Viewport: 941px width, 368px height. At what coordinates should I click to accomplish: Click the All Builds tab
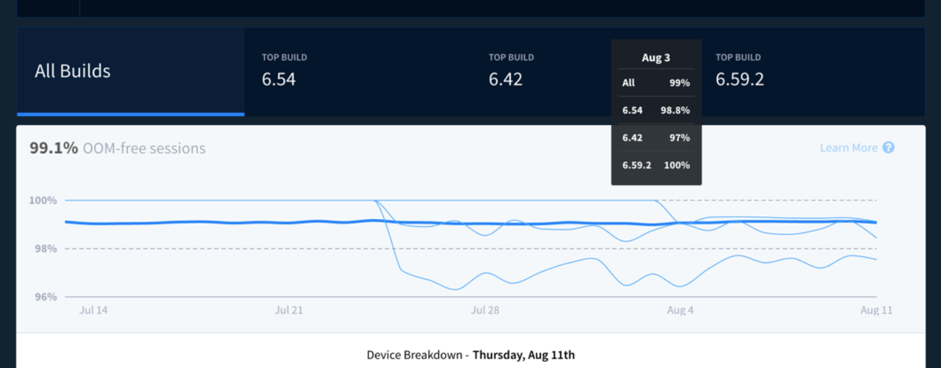coord(73,71)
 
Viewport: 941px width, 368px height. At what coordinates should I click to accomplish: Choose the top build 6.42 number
coord(505,79)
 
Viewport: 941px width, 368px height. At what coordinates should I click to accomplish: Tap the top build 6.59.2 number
coord(739,79)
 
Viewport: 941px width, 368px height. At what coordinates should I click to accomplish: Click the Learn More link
coord(848,148)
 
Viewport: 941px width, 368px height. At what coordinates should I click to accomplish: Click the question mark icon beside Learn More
coord(889,148)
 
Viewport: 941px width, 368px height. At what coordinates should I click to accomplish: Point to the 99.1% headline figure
coord(54,148)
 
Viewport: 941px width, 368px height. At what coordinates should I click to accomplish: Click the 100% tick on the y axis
coord(42,200)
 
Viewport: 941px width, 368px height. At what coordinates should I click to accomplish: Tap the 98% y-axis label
coord(42,248)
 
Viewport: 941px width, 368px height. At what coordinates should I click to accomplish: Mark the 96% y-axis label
coord(42,297)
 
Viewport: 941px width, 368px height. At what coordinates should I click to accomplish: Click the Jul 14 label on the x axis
coord(93,310)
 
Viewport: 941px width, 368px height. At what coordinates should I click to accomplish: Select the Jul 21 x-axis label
coord(289,310)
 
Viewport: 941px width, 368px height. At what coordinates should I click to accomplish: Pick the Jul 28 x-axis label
coord(485,310)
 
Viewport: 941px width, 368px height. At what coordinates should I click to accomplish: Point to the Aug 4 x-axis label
coord(680,310)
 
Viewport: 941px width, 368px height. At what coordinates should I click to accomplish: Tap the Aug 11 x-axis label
coord(876,310)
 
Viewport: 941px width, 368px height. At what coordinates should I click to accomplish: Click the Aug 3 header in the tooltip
coord(656,58)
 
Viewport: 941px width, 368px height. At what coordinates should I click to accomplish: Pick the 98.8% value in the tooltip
coord(676,111)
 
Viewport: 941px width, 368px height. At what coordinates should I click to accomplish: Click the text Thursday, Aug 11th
coord(524,355)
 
